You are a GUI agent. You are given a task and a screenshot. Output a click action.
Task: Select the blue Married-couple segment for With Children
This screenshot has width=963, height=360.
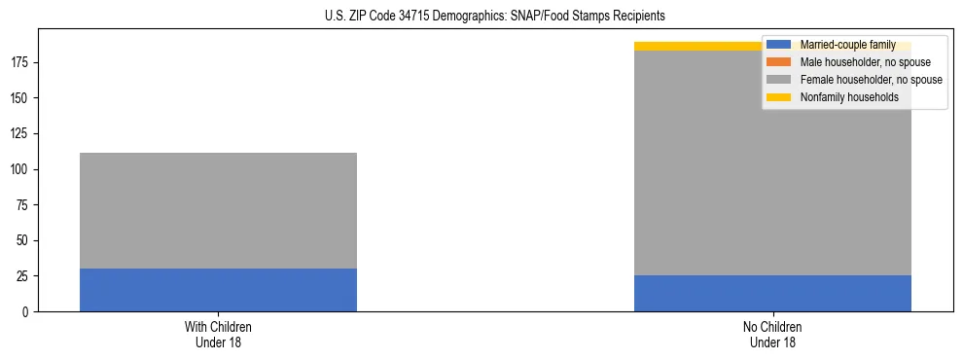(x=218, y=290)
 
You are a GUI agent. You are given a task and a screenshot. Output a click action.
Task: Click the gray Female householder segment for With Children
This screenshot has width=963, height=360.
(x=218, y=210)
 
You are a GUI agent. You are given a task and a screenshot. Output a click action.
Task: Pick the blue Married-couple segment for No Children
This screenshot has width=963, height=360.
(x=772, y=293)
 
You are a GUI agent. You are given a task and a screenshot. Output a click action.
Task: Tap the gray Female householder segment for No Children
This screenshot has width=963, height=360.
(x=772, y=162)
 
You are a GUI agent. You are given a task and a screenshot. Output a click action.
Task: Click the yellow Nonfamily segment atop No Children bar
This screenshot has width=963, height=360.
(x=700, y=46)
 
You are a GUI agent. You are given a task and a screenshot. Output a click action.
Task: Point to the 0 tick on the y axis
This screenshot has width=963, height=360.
(x=27, y=312)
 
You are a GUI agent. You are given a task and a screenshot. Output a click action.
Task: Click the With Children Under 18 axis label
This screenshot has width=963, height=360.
(x=218, y=335)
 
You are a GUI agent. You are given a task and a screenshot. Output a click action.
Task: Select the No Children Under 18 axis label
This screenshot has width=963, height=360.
(x=772, y=335)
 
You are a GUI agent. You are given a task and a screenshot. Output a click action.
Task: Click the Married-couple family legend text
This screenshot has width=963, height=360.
(x=847, y=45)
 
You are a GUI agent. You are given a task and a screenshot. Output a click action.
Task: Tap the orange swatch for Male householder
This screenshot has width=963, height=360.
(x=778, y=62)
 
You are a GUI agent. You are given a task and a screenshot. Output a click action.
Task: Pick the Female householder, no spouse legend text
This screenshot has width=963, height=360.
(x=871, y=80)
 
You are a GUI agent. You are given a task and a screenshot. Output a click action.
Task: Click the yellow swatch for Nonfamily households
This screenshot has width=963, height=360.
(x=778, y=97)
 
